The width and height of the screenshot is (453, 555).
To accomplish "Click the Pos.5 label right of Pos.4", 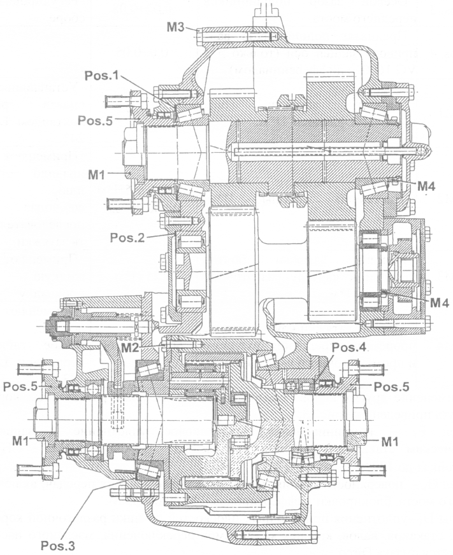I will point(392,386).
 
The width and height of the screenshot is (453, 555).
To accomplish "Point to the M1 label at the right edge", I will point(391,440).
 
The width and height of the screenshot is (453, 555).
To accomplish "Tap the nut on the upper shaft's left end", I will point(129,151).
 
